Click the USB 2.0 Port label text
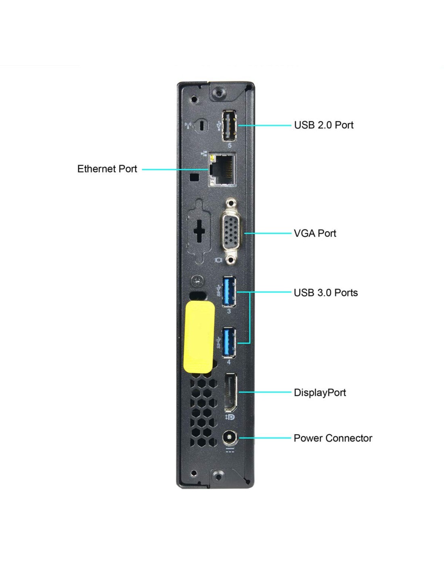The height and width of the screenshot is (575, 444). [x=323, y=125]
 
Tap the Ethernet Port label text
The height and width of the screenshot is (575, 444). [x=107, y=169]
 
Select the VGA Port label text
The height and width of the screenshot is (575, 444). [x=315, y=233]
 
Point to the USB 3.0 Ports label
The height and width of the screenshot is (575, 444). [x=326, y=292]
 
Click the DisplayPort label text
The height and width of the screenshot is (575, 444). [x=320, y=392]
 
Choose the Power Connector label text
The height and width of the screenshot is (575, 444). [x=333, y=438]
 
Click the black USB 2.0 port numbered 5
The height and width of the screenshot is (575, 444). [x=229, y=126]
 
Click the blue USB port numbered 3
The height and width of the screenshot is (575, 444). [x=229, y=291]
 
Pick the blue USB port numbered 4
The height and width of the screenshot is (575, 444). [x=229, y=342]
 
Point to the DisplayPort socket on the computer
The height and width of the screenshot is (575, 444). [x=231, y=393]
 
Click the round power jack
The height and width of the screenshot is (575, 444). [x=230, y=438]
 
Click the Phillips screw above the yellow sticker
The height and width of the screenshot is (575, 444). [x=198, y=281]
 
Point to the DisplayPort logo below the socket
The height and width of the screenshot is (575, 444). [x=230, y=417]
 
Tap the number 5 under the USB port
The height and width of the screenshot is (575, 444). [x=230, y=146]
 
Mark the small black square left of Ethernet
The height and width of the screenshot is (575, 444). [x=195, y=177]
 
